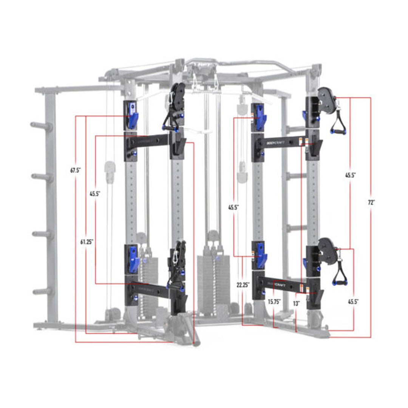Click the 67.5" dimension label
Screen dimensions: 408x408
[76, 170]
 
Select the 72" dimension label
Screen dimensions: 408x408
[371, 202]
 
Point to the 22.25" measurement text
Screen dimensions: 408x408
[243, 285]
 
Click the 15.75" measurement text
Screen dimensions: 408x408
[274, 302]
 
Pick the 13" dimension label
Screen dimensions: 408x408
[297, 302]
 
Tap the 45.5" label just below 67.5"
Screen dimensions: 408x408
[95, 194]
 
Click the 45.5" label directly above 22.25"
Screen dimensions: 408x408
[233, 207]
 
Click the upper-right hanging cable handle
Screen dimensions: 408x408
[338, 124]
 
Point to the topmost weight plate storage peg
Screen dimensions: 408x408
[41, 126]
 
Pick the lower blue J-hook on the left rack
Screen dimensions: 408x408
[133, 259]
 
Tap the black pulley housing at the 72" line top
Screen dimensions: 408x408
[326, 100]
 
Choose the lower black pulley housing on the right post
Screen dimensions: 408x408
[327, 251]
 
